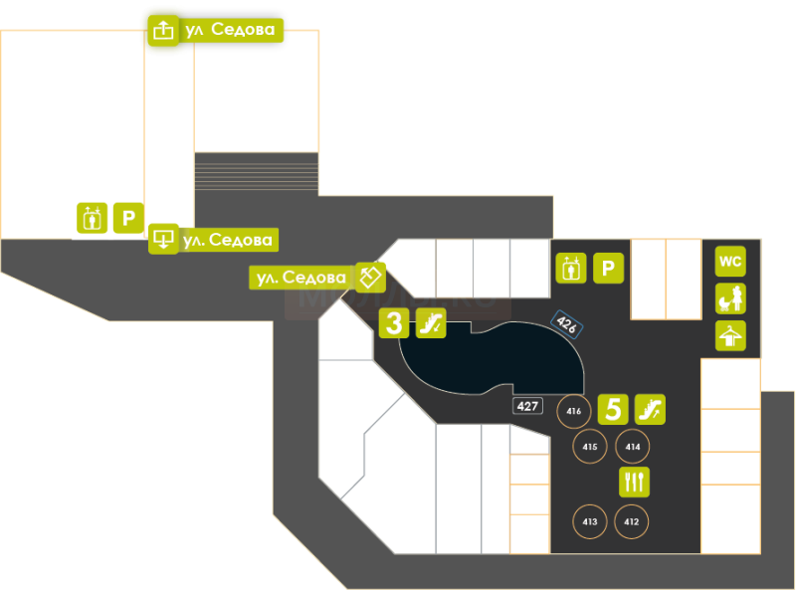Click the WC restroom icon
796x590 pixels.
pyautogui.click(x=730, y=262)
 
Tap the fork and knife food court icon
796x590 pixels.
pyautogui.click(x=634, y=482)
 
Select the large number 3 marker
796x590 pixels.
pyautogui.click(x=394, y=322)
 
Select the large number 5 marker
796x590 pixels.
pyautogui.click(x=613, y=409)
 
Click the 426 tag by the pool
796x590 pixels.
pyautogui.click(x=566, y=323)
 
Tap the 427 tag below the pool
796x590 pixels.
pyautogui.click(x=527, y=406)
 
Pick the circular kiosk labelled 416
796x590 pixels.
pyautogui.click(x=573, y=410)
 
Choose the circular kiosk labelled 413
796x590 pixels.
pyautogui.click(x=590, y=521)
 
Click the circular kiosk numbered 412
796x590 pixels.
pyautogui.click(x=631, y=521)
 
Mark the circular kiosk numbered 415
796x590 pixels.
pyautogui.click(x=590, y=447)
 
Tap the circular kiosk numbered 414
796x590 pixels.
pyautogui.click(x=631, y=447)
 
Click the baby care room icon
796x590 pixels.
pyautogui.click(x=730, y=298)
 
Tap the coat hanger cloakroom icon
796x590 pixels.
pyautogui.click(x=730, y=335)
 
